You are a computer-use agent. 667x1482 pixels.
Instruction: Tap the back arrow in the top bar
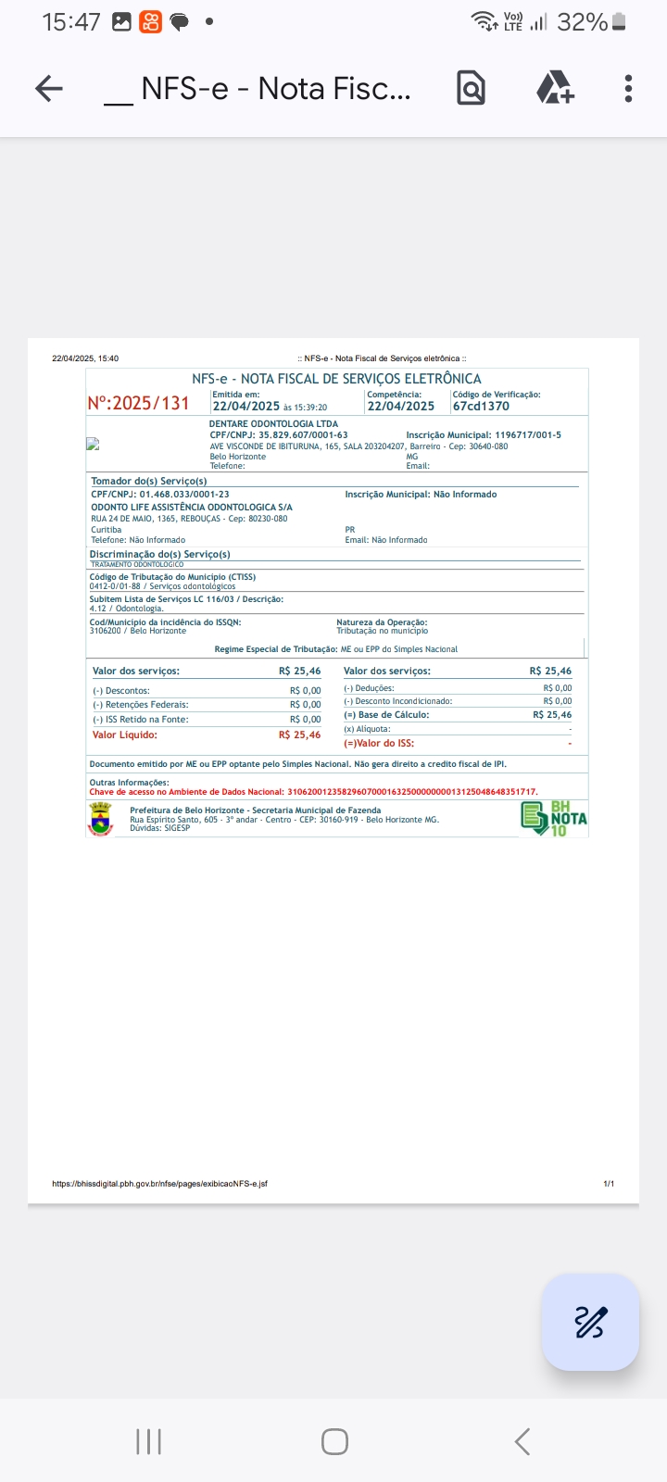coord(49,89)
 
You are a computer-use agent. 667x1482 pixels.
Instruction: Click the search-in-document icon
coord(471,89)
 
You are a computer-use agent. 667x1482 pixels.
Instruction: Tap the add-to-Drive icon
coord(555,89)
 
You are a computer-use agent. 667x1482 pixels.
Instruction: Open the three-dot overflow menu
coord(628,89)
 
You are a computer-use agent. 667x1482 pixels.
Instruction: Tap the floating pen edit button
coord(590,1322)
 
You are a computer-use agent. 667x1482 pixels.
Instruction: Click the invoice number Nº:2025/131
coord(138,404)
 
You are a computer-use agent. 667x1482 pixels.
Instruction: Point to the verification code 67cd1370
coord(481,406)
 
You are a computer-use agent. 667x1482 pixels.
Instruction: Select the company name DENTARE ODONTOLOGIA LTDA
coord(273,424)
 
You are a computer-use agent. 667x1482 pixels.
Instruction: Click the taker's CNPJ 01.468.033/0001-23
coord(184,495)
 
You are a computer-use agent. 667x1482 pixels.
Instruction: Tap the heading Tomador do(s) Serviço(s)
coord(149,482)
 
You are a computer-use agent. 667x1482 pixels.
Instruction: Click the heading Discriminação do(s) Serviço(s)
coord(159,554)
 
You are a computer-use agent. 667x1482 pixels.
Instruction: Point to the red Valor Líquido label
coord(125,735)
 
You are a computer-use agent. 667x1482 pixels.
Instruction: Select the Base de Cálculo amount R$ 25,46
coord(552,715)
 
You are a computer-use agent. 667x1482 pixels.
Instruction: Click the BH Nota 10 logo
coord(554,819)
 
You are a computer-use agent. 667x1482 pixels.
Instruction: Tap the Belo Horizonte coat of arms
coord(100,819)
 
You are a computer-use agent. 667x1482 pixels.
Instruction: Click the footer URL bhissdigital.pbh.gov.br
coord(159,1184)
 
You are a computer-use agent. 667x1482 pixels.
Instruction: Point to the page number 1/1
coord(609,1184)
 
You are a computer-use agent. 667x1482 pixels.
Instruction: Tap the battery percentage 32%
coord(582,22)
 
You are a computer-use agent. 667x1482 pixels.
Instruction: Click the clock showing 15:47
coord(70,22)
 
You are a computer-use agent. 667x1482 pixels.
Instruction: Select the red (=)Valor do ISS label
coord(379,744)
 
